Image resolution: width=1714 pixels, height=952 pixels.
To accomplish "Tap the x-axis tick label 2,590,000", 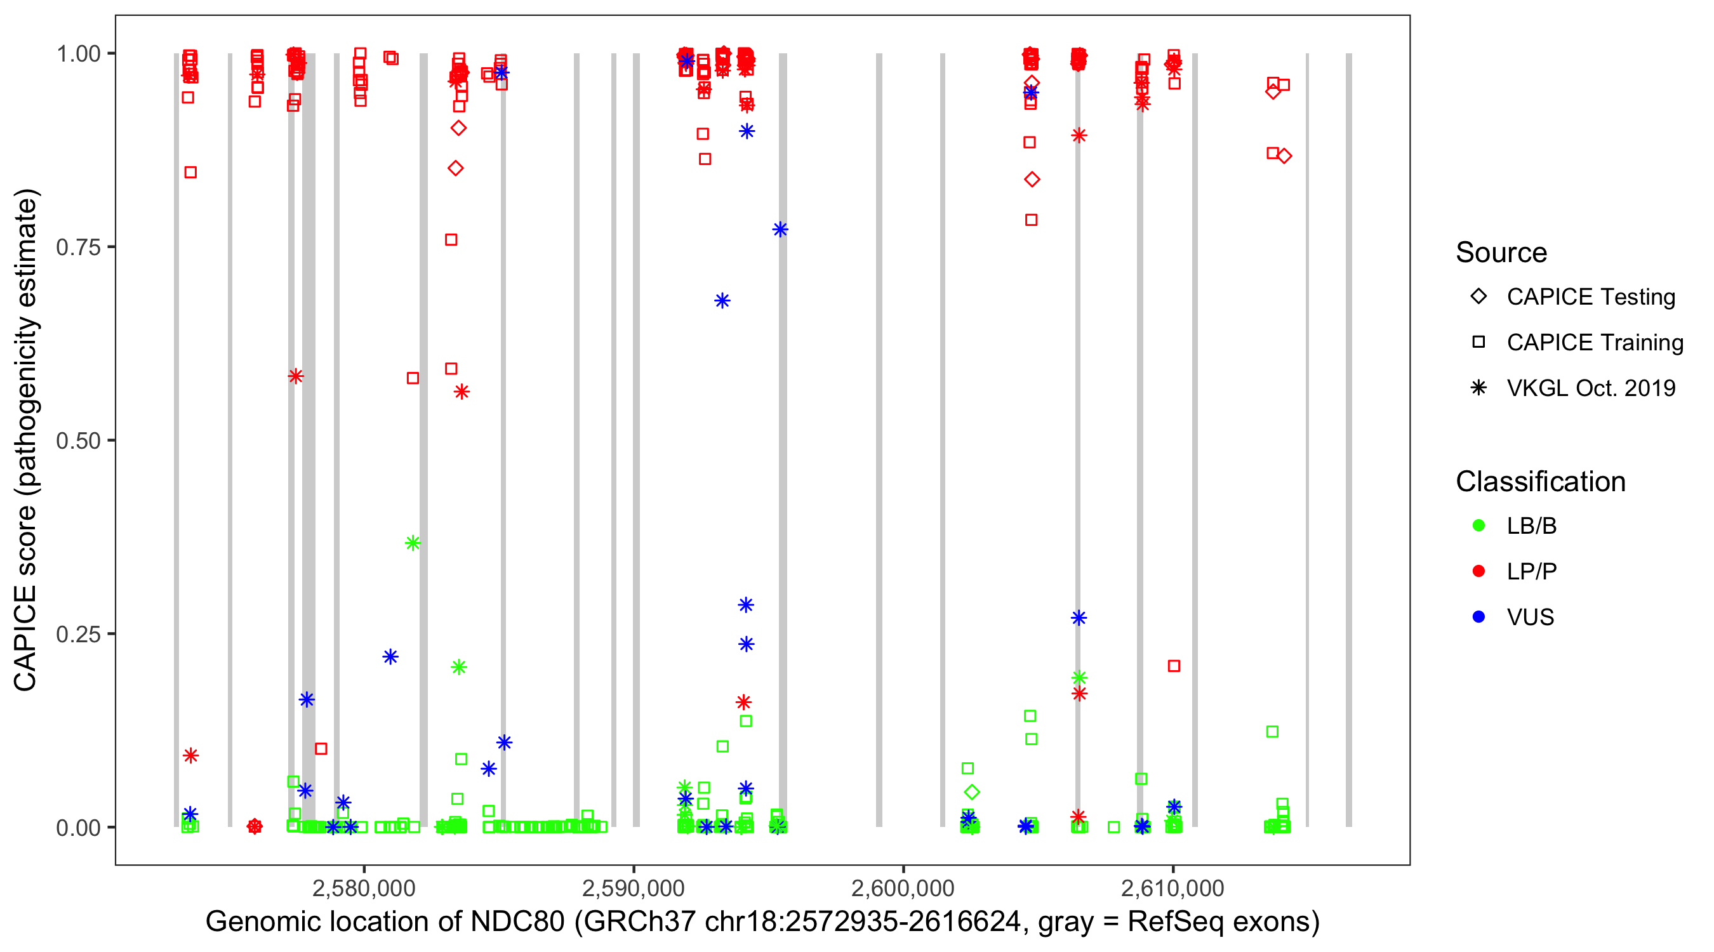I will coord(633,888).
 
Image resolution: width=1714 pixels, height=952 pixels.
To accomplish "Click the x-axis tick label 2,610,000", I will coord(1172,888).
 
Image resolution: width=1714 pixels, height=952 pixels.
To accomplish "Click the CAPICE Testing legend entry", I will coord(1590,297).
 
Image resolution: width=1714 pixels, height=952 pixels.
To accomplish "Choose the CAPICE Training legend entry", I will coord(1594,343).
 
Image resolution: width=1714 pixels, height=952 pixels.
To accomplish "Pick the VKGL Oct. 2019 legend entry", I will coord(1590,388).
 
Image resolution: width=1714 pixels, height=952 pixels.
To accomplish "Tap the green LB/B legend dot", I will coord(1478,526).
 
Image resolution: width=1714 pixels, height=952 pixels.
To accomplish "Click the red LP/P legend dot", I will coord(1478,571).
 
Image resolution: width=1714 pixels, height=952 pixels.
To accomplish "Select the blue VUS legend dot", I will coord(1478,617).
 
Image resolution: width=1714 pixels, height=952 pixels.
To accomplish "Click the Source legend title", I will coord(1501,253).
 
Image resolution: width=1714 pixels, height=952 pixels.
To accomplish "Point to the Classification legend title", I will coord(1540,482).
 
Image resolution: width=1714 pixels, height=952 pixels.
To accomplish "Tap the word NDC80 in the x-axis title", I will coord(517,922).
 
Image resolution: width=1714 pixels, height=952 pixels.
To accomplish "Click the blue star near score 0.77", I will coord(780,230).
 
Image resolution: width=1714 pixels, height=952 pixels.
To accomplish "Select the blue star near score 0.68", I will coord(722,301).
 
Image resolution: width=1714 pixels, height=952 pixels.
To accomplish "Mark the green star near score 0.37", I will coord(413,543).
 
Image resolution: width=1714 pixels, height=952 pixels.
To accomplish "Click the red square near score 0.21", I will coord(1174,666).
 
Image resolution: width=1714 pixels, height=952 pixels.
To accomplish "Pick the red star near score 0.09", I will coord(191,755).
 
